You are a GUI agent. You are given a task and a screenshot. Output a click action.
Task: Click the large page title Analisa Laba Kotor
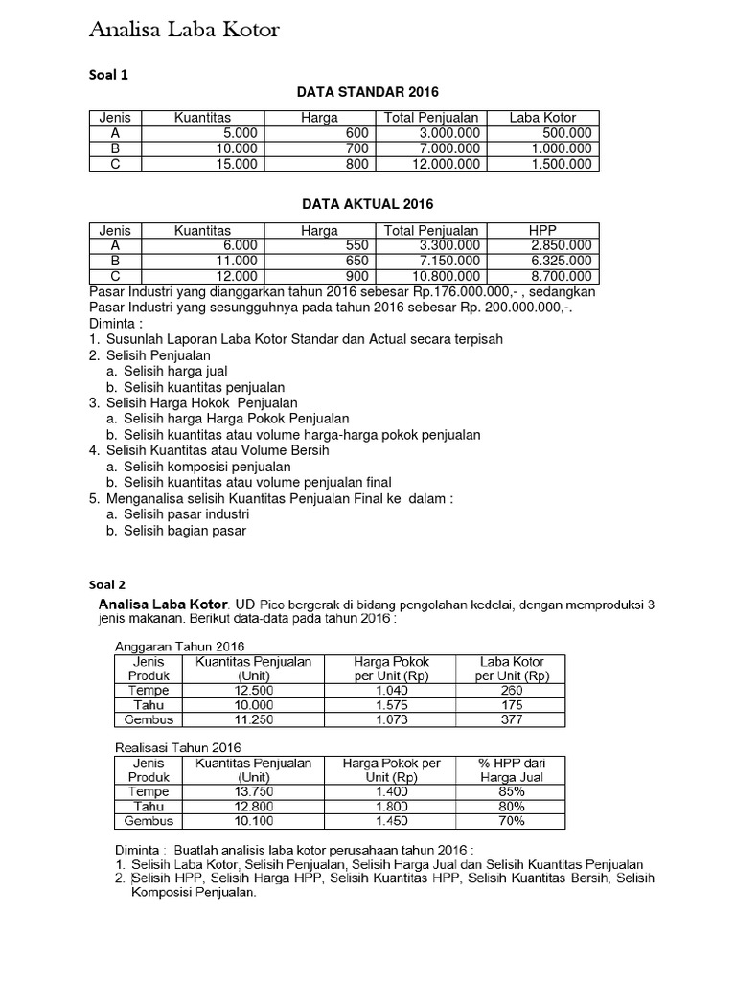point(184,31)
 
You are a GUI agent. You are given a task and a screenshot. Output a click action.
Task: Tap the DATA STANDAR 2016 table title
point(367,92)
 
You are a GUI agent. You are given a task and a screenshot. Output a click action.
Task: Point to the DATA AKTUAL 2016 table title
point(368,204)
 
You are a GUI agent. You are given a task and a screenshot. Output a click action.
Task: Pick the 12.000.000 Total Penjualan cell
point(442,164)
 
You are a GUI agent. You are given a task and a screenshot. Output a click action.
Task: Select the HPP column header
point(542,230)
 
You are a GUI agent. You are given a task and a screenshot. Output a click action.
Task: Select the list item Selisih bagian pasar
point(184,530)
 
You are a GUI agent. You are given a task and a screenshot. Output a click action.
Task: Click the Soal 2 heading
point(107,584)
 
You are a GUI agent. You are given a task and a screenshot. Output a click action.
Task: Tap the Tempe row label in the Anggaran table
point(148,690)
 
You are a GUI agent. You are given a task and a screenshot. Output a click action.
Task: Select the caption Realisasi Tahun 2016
point(177,747)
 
